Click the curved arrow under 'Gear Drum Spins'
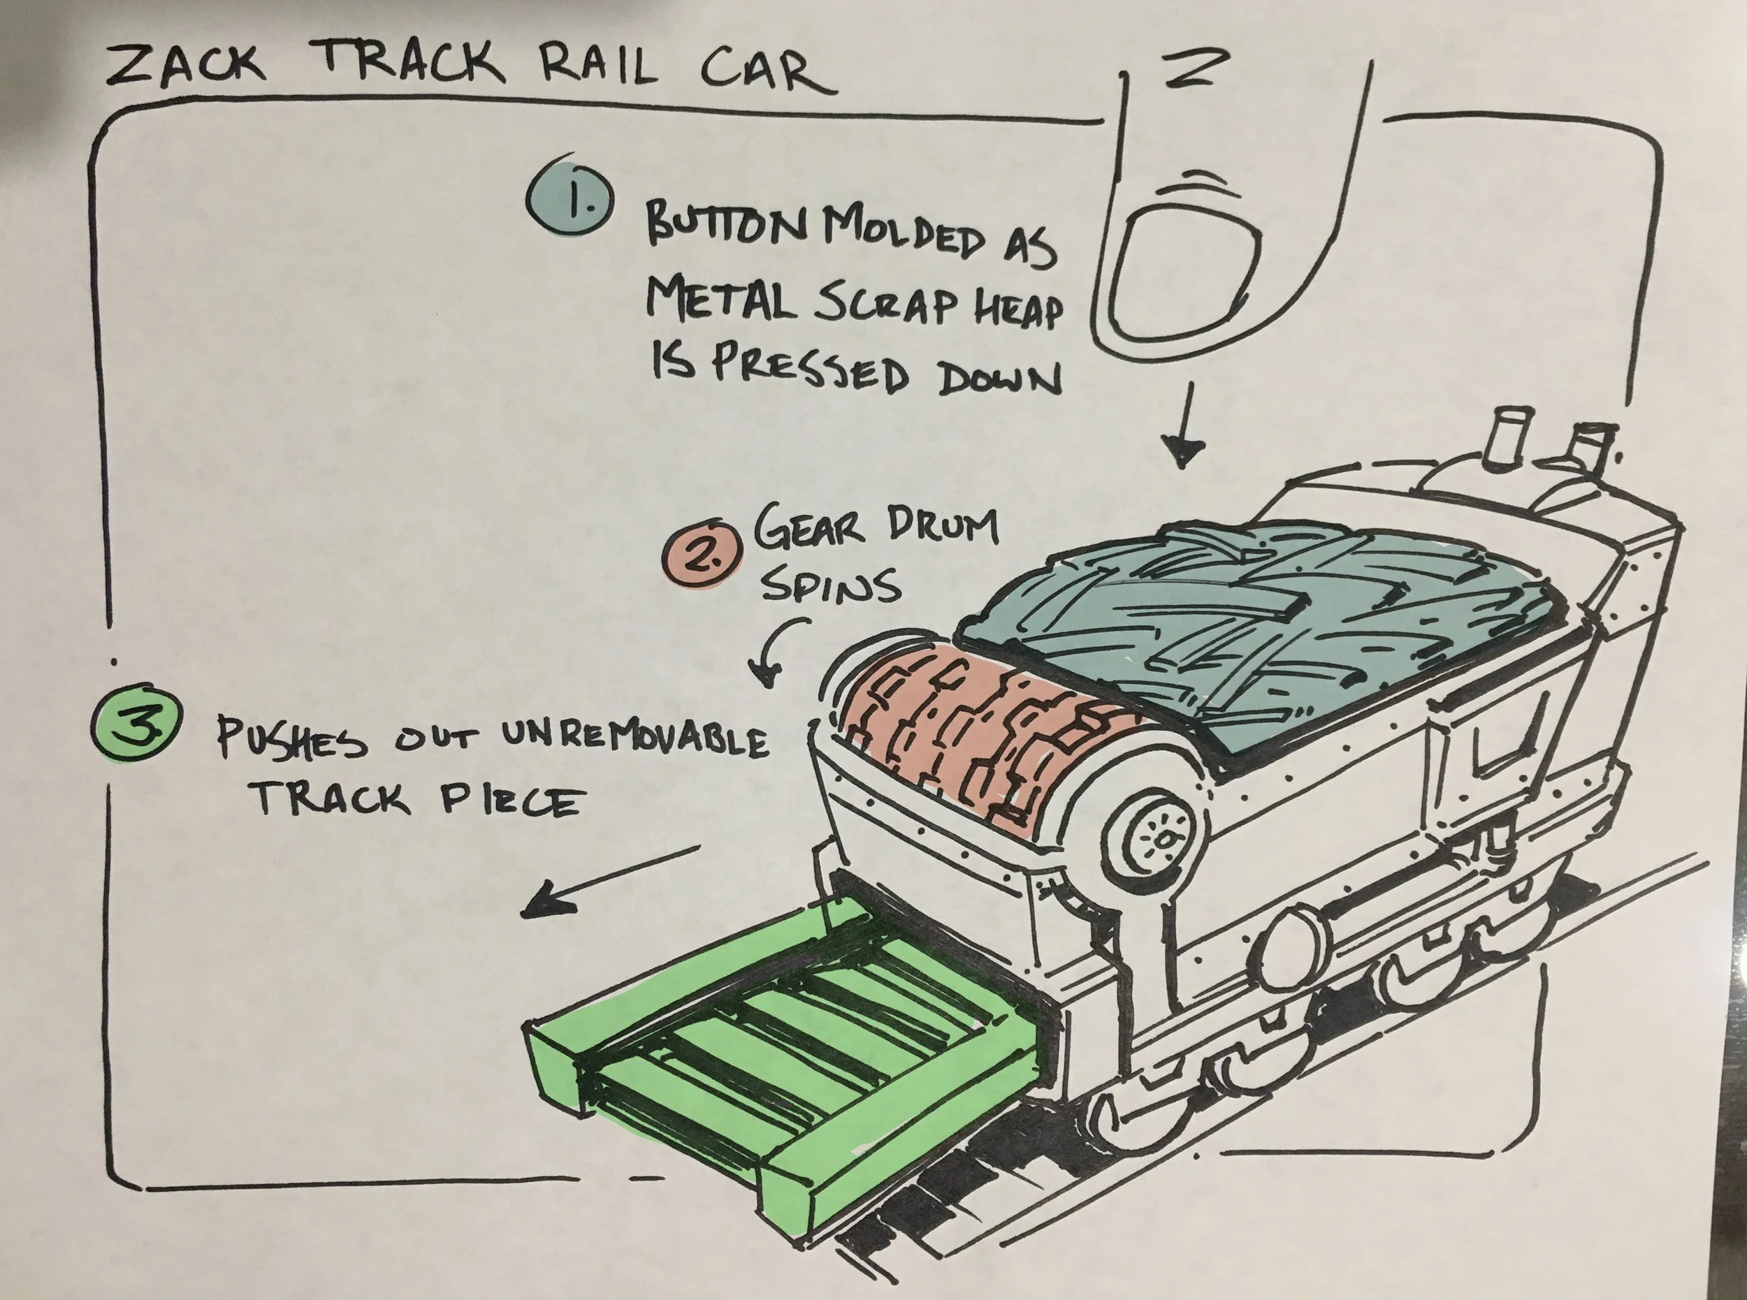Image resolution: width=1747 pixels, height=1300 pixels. [776, 649]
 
